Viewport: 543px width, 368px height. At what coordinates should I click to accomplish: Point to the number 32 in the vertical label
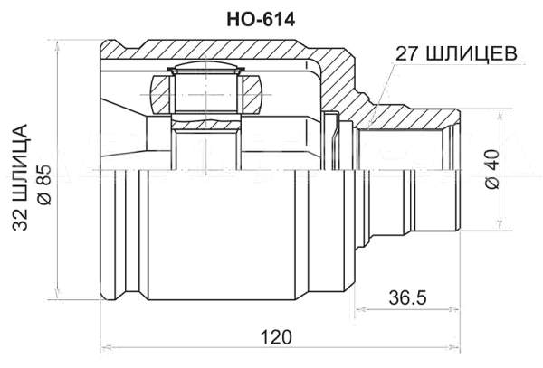[x=22, y=225]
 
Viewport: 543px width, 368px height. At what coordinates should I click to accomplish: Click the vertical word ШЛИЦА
[x=22, y=168]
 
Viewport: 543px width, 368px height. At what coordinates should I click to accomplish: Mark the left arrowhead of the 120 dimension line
[x=104, y=348]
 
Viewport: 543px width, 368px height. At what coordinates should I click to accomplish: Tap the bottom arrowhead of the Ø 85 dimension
[x=59, y=296]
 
